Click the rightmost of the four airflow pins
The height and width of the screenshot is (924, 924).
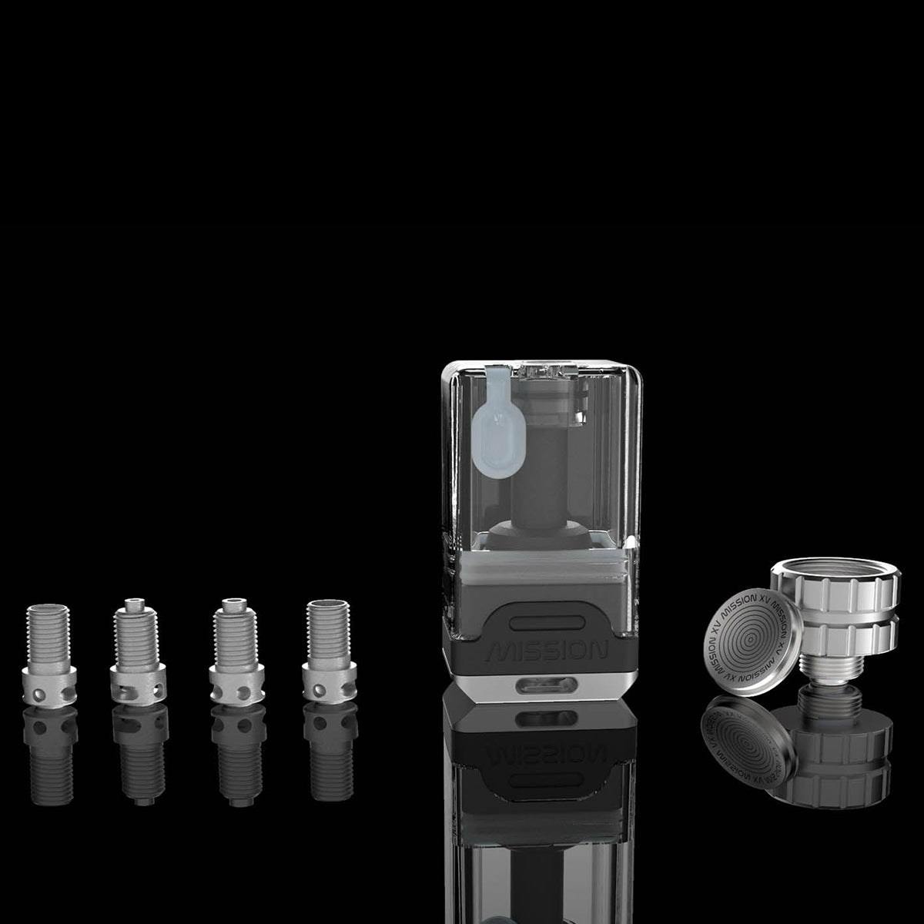pyautogui.click(x=329, y=651)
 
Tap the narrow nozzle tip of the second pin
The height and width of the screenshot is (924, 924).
pyautogui.click(x=137, y=604)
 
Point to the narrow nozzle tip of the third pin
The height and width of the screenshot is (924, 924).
pyautogui.click(x=231, y=604)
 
